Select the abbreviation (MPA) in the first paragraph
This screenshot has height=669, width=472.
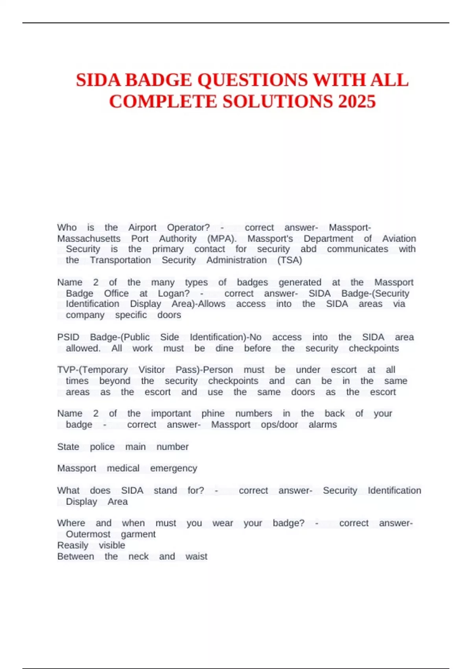point(222,238)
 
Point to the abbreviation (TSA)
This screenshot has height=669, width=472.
point(289,260)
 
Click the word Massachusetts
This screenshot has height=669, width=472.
point(89,238)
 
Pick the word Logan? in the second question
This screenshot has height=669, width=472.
point(174,293)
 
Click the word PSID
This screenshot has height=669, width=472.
point(68,337)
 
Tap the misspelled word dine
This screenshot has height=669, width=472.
point(224,348)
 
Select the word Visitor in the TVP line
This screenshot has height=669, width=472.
point(151,370)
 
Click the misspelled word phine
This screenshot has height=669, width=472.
point(213,414)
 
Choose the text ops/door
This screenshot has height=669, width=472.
point(279,425)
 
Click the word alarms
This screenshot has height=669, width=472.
point(323,425)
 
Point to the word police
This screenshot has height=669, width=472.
point(102,447)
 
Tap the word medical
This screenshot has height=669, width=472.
point(123,468)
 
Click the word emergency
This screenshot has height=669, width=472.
point(173,468)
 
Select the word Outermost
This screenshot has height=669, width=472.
point(88,534)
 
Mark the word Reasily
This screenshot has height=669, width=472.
point(73,545)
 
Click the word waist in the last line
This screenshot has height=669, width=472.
point(196,556)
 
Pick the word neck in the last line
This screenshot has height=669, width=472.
point(138,556)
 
